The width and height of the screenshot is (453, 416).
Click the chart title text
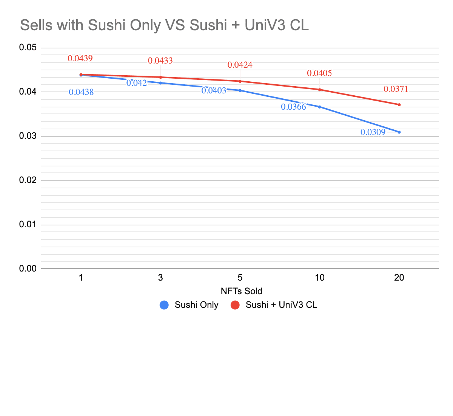164,25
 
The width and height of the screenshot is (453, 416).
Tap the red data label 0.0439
80,58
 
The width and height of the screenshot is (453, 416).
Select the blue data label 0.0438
81,92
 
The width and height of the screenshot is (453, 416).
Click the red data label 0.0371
396,89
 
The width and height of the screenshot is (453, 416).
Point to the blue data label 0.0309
373,132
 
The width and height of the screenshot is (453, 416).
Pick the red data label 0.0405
319,73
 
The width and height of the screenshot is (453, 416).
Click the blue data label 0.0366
293,107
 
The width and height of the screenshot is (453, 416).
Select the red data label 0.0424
240,65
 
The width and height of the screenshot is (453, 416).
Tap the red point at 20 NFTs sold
399,105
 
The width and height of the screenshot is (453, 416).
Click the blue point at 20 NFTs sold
399,132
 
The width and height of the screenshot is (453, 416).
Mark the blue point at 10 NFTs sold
320,107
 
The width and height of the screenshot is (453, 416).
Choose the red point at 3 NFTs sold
160,77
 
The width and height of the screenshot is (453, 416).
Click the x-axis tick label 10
319,278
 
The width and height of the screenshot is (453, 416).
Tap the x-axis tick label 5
240,278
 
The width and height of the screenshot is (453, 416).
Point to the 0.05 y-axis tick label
28,48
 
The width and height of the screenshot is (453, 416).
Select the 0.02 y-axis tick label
28,180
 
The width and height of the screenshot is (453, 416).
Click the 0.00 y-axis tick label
28,269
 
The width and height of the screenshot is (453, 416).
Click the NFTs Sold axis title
241,291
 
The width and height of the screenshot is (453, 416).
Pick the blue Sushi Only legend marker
164,305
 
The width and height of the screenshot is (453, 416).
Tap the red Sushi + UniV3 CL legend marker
235,305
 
